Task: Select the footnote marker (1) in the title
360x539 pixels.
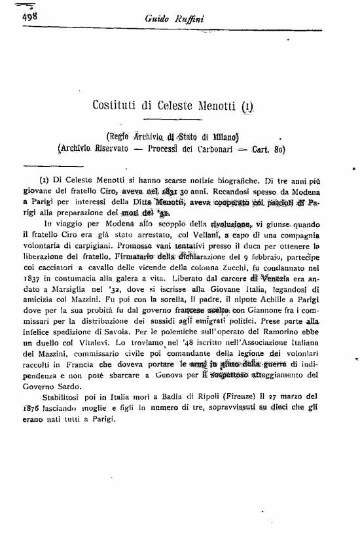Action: click(247, 103)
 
